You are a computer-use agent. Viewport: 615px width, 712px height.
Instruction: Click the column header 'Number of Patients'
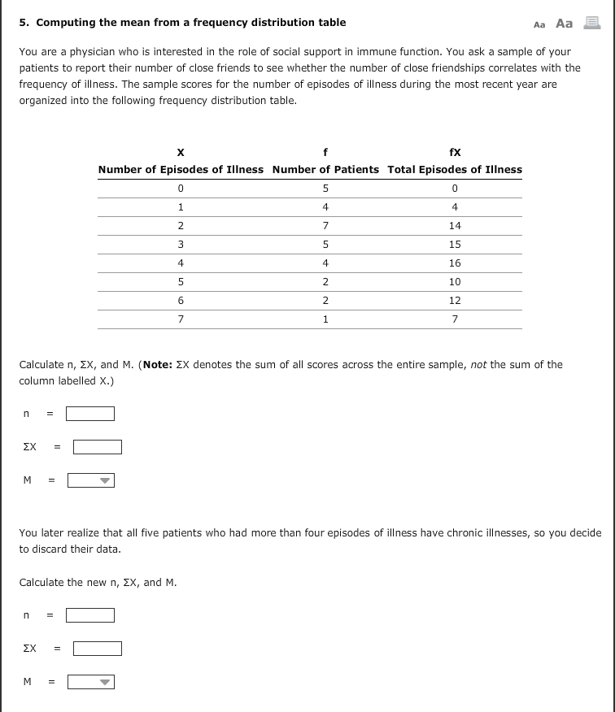(325, 169)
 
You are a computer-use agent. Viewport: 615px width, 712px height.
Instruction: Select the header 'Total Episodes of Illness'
(455, 169)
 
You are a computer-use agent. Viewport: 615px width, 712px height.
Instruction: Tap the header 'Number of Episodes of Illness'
(181, 169)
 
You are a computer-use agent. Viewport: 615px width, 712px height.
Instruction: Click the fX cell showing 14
(455, 226)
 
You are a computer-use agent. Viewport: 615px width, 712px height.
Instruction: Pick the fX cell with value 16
(455, 263)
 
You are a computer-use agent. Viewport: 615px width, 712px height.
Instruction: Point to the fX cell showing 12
(455, 301)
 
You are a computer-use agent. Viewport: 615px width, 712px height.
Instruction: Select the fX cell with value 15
(455, 245)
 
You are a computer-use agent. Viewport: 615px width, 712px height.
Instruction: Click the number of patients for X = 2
(325, 226)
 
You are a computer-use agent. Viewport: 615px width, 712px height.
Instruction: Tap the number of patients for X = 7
(325, 319)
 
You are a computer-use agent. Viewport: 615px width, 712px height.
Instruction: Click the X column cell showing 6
(181, 301)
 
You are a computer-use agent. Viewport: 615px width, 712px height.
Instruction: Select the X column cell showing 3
(181, 245)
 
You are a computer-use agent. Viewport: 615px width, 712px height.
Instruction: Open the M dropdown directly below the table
(91, 480)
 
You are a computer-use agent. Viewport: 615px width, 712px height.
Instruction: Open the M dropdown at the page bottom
(91, 682)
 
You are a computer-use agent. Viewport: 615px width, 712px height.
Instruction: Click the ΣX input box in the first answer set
(98, 447)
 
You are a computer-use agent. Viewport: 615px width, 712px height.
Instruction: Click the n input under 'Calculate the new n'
(90, 615)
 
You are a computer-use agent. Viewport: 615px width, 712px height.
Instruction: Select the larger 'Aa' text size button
(564, 24)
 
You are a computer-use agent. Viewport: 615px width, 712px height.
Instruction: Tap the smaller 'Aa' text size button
(539, 24)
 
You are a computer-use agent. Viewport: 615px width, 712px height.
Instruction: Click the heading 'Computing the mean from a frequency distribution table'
(190, 23)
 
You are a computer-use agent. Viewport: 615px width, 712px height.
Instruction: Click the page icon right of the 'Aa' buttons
(591, 24)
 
